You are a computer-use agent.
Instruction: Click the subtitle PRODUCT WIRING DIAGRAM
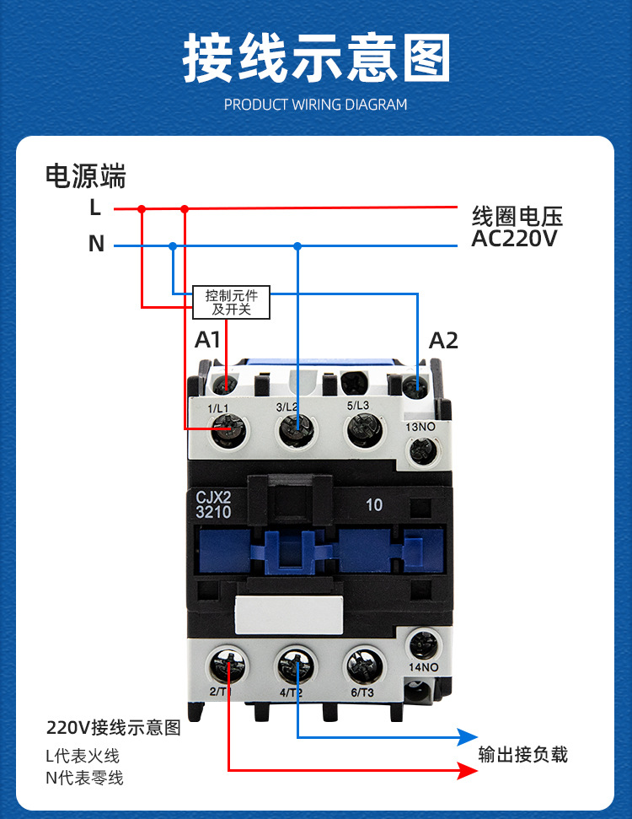click(315, 105)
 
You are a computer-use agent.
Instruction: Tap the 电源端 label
click(85, 176)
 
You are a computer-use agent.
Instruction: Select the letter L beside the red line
click(95, 207)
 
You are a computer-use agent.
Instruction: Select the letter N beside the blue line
click(96, 245)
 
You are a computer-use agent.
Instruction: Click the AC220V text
click(514, 239)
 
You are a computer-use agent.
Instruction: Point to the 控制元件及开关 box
click(232, 302)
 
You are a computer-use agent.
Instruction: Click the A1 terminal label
click(208, 341)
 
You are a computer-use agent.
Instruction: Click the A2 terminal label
click(443, 341)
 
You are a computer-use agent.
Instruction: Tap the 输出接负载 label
click(522, 753)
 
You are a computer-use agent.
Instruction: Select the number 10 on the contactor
click(374, 505)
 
